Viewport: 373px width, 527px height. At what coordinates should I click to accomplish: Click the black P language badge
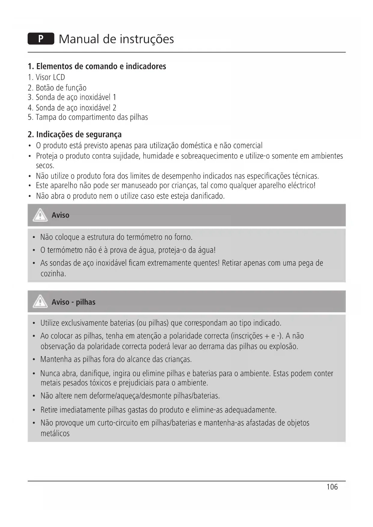(41, 39)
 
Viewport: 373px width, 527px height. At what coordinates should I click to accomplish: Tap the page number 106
(332, 487)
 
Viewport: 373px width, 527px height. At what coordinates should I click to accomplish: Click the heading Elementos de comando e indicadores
(97, 66)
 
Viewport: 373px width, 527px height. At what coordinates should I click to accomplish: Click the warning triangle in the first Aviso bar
(40, 215)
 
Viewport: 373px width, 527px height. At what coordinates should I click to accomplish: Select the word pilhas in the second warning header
(85, 302)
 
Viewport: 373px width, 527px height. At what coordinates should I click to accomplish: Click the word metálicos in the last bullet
(55, 433)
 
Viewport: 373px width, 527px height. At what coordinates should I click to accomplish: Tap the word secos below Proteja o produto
(45, 166)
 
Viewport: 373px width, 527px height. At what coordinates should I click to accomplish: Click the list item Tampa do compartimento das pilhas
(92, 117)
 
